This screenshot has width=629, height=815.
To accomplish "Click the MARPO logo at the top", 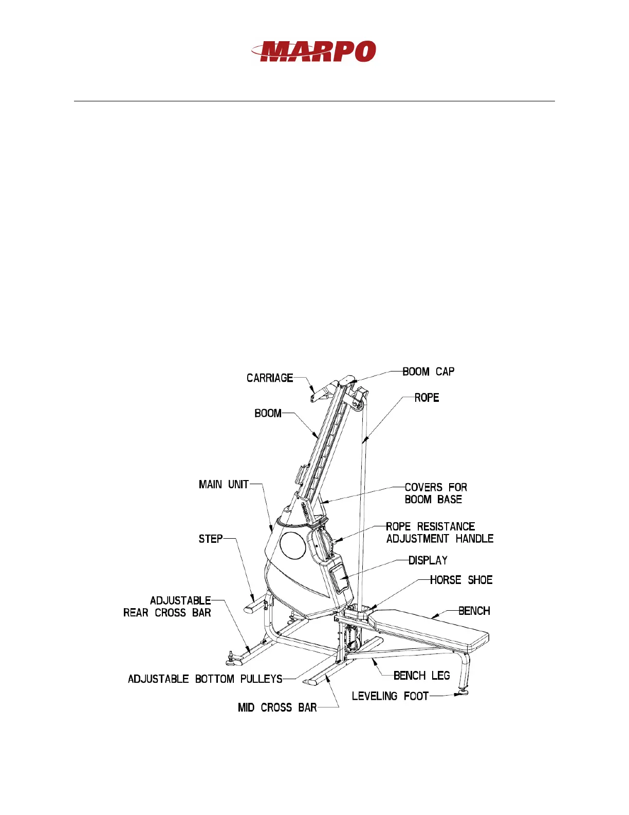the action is point(314,51).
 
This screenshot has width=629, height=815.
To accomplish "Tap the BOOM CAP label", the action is point(428,371).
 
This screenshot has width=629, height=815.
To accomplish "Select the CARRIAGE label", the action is point(270,378).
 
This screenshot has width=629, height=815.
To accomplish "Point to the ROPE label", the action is point(427,398).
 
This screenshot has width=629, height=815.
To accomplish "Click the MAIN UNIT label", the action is point(224,484).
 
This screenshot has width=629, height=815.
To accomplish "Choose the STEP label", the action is point(211,539).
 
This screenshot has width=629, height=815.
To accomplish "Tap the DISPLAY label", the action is point(428,560).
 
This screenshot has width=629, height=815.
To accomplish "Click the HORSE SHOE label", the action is point(461,580).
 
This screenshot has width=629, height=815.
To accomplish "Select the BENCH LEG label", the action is point(421,676).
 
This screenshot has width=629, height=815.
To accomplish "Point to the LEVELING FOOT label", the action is point(390,696).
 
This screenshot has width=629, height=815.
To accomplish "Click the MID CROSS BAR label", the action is point(277,707).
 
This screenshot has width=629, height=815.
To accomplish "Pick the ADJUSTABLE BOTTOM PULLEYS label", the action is point(205,679).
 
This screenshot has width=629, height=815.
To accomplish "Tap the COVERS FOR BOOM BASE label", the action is point(435,493).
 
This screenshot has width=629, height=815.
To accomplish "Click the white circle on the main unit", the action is point(292,545).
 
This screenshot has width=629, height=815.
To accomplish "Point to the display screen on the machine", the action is point(340,577).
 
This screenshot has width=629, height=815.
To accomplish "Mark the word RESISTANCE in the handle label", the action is point(446,526).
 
